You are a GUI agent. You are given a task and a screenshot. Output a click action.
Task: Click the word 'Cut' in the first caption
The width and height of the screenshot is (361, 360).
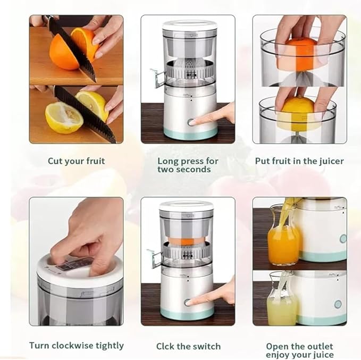(x=56, y=161)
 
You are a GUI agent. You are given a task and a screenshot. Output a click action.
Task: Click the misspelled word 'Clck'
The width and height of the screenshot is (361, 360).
(x=167, y=346)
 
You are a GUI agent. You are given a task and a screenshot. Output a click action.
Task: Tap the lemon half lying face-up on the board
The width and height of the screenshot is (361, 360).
(x=63, y=118)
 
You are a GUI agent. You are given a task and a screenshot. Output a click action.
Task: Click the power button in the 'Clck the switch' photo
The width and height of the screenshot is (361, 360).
(x=187, y=302)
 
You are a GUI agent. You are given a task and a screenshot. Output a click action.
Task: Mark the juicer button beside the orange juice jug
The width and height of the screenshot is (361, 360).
(x=343, y=239)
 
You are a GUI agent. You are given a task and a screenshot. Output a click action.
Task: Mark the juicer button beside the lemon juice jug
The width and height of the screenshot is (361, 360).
(x=338, y=304)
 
